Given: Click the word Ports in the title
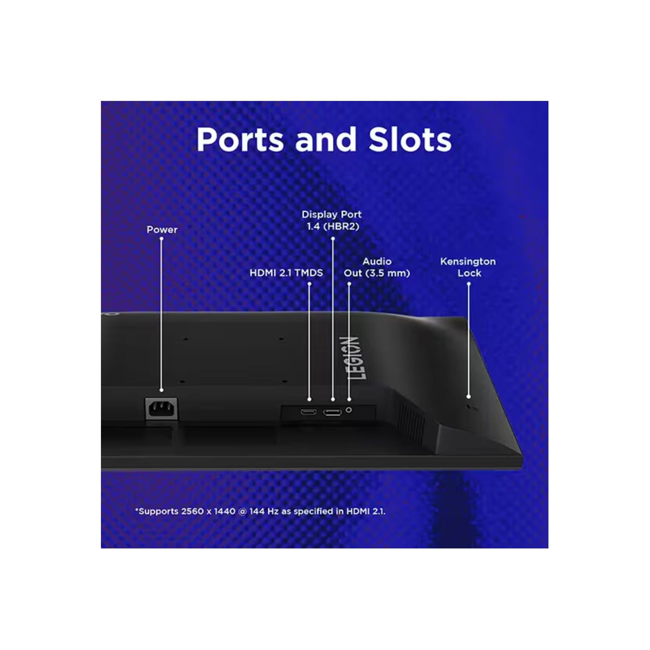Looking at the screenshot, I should click(x=240, y=140).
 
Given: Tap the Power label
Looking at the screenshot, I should click(x=162, y=230).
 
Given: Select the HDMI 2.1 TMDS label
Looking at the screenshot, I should click(x=286, y=273).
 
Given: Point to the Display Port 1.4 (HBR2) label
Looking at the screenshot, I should click(x=332, y=220).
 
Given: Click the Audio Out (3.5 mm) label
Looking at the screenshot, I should click(x=377, y=267).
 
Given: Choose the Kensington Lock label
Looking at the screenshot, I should click(x=468, y=267).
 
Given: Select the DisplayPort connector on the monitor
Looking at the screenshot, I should click(x=332, y=412).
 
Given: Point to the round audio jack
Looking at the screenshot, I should click(x=349, y=410).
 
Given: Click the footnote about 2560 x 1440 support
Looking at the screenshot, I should click(x=260, y=511).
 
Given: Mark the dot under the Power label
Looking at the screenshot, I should click(x=162, y=239).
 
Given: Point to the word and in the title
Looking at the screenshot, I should click(x=325, y=140).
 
